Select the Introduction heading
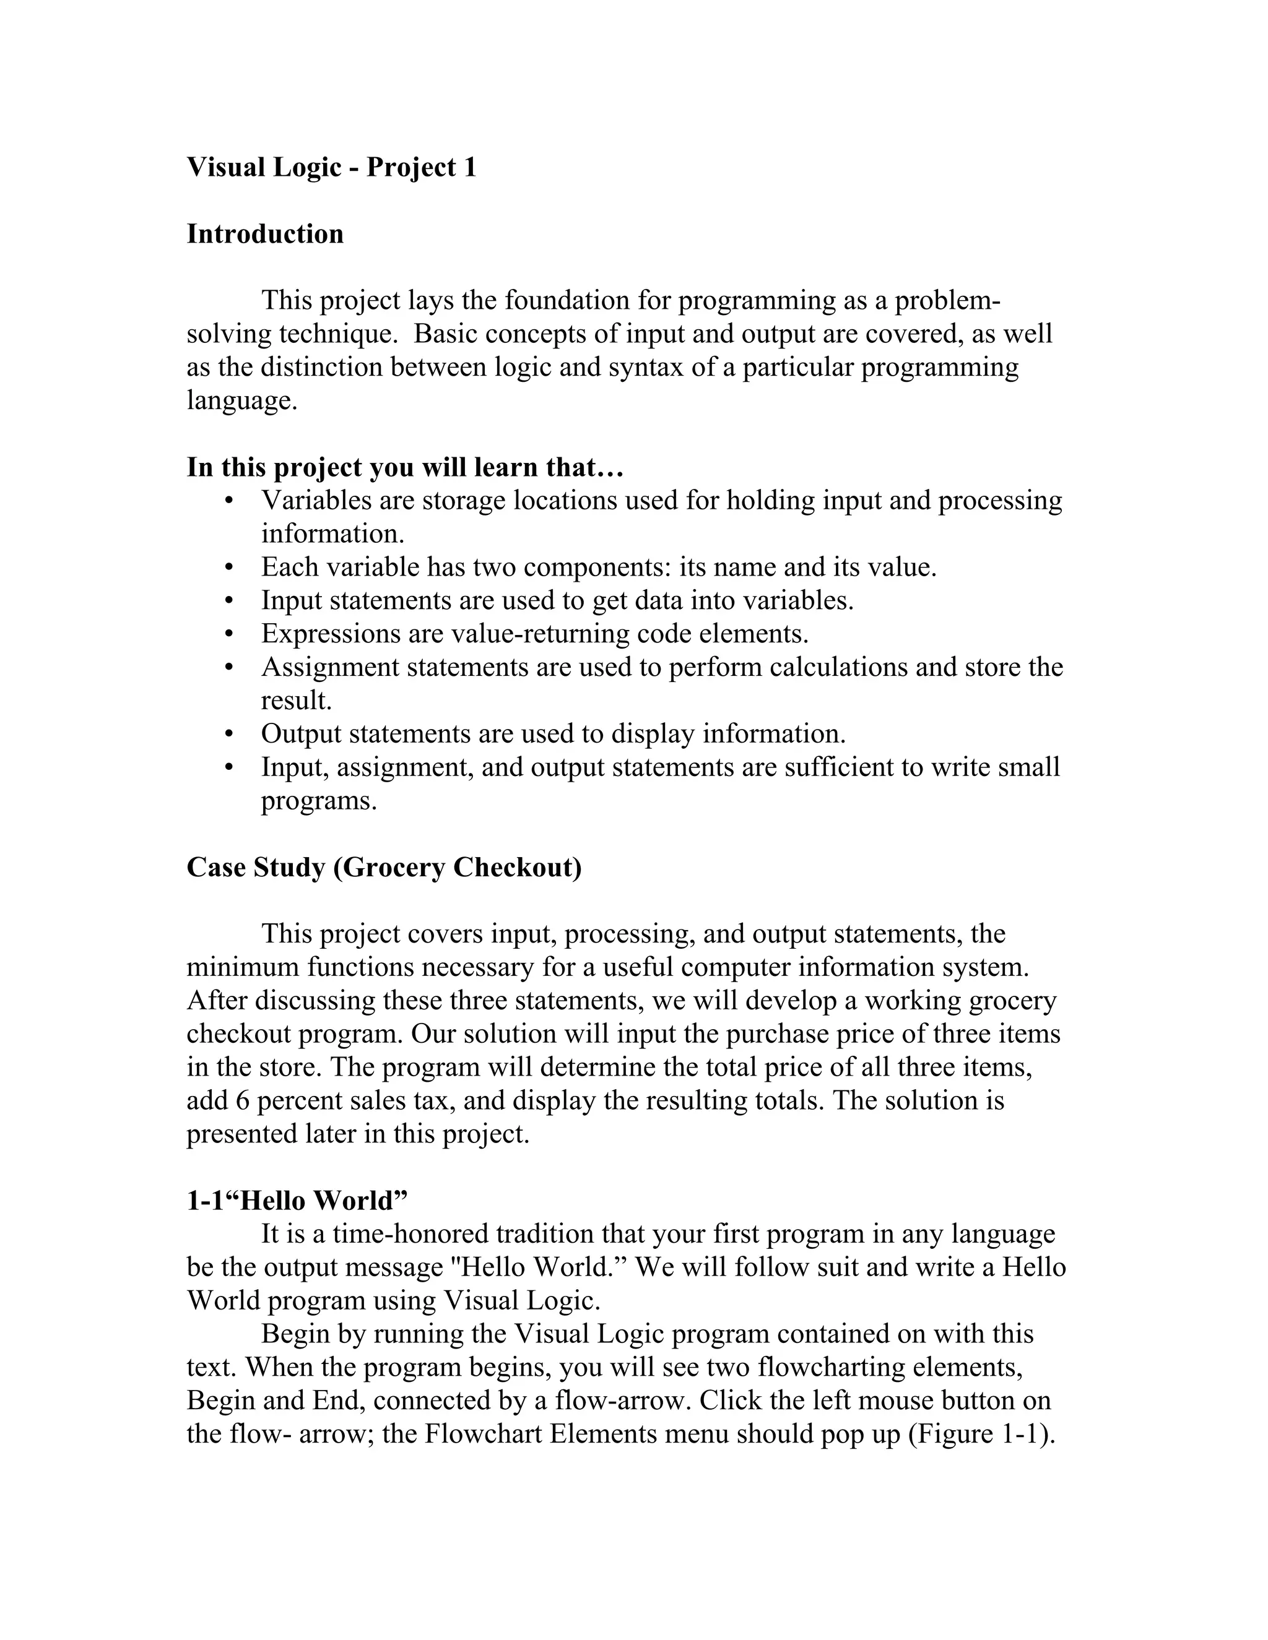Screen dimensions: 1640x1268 click(x=264, y=235)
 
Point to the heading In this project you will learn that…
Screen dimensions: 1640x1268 click(x=405, y=467)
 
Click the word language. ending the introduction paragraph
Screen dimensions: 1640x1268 click(x=242, y=400)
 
